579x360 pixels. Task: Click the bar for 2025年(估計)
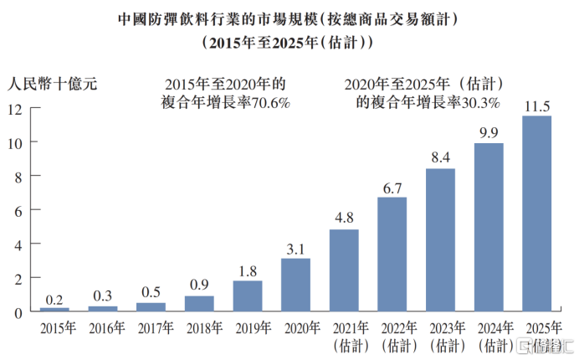[536, 213]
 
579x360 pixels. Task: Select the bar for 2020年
[295, 285]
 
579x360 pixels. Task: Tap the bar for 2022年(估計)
[392, 255]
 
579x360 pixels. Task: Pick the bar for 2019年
[248, 296]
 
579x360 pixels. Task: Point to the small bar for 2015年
[54, 310]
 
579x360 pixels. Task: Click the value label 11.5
[536, 106]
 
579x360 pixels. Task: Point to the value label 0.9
[199, 285]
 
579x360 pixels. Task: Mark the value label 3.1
[295, 249]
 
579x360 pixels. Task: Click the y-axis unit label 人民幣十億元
[53, 84]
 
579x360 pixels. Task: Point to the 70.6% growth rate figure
[270, 102]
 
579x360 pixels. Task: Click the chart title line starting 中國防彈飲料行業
[289, 17]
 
